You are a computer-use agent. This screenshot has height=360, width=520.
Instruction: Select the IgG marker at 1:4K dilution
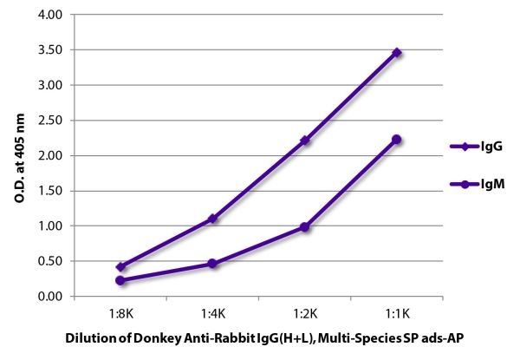212,219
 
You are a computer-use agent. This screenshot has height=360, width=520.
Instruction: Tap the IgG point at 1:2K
305,140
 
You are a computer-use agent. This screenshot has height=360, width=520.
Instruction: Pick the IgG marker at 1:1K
397,52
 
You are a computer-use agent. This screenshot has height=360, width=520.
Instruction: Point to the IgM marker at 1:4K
212,263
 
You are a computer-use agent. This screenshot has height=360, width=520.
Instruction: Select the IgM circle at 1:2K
305,227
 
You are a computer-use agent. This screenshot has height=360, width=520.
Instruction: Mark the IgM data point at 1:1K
397,139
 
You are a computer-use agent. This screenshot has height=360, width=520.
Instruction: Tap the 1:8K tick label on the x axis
120,311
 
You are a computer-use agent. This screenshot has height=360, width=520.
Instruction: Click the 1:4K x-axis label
212,311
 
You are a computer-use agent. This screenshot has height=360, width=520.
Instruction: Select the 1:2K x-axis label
305,311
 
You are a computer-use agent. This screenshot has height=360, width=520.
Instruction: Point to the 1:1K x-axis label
397,311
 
